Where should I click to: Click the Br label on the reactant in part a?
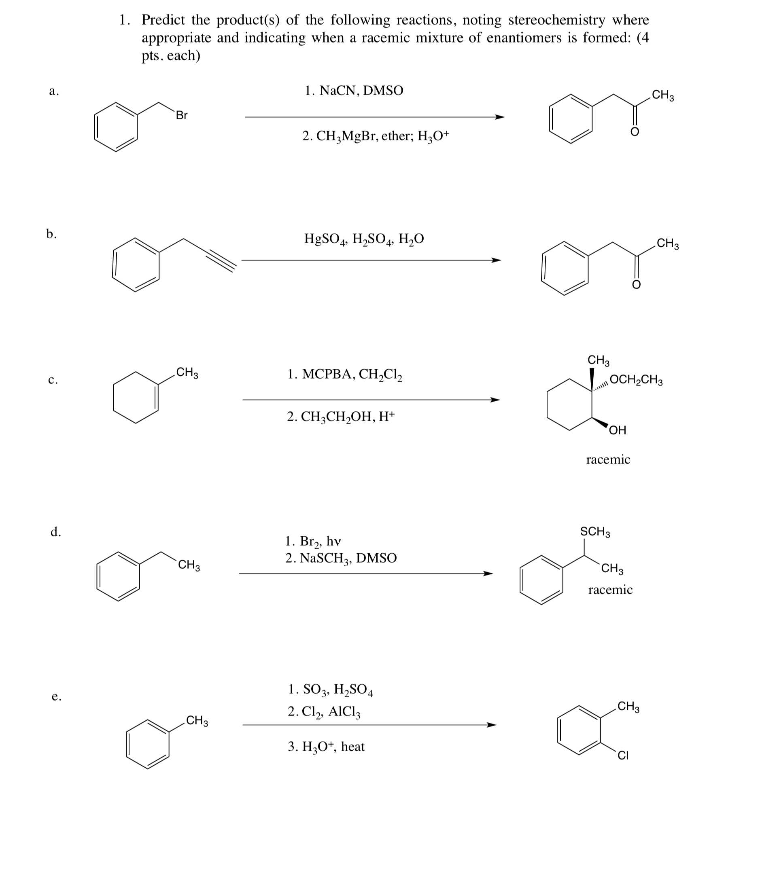(182, 115)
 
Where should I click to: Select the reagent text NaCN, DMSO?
(354, 91)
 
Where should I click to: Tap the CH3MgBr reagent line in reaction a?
(375, 136)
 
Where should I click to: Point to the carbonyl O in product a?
(634, 132)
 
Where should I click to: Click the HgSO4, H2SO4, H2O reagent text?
(364, 239)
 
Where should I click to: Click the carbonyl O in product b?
(636, 284)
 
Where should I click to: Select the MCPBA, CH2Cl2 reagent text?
(344, 375)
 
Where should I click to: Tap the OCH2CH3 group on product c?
(635, 380)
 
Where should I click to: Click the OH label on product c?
(618, 430)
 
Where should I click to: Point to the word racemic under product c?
(608, 459)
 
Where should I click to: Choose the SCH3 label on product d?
(595, 531)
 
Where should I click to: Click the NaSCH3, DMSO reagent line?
(341, 558)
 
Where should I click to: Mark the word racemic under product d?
(610, 590)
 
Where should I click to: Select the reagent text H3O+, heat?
(326, 747)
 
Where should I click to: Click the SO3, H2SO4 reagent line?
(330, 690)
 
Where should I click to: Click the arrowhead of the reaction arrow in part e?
(491, 725)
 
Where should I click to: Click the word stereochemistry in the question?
(556, 20)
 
